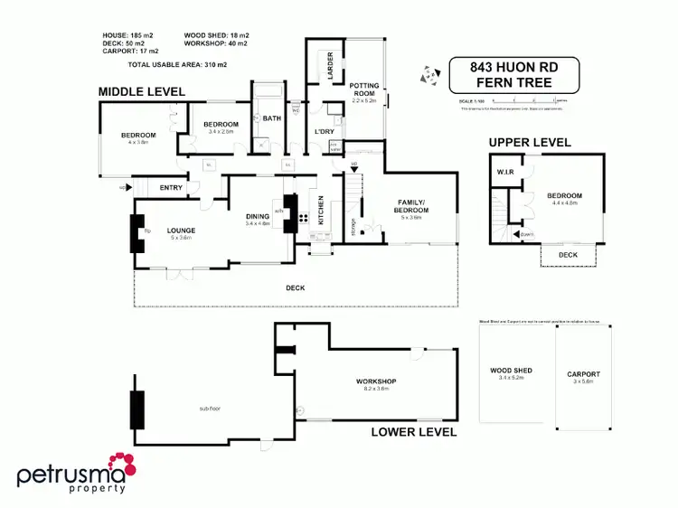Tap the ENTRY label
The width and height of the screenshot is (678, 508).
point(171,188)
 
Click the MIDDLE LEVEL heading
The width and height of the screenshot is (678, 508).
point(141,91)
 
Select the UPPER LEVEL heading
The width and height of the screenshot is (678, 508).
point(530,143)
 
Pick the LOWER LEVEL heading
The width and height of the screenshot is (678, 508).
point(414,432)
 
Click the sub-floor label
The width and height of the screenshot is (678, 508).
point(210,409)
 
